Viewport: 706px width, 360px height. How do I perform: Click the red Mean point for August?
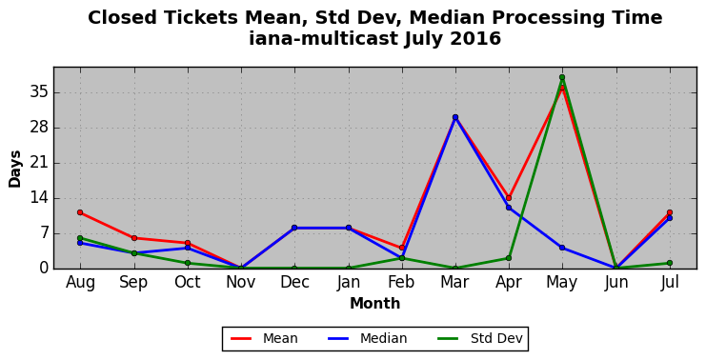tap(80, 212)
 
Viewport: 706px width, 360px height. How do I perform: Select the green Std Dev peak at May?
tap(562, 77)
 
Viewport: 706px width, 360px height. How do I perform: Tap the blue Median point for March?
tap(455, 117)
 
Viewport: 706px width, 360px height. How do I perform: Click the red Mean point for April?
tap(509, 198)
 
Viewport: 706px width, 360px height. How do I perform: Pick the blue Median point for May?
tap(562, 248)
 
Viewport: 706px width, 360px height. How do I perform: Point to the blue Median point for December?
tap(294, 228)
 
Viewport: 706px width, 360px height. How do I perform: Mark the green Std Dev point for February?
tap(402, 258)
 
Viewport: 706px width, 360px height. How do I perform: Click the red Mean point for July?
tap(670, 212)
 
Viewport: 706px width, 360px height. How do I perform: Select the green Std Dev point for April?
tap(509, 258)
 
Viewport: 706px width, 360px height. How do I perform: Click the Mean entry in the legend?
tap(264, 338)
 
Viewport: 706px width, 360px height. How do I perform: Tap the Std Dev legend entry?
tap(480, 338)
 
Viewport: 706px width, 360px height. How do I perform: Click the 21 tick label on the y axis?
tap(38, 163)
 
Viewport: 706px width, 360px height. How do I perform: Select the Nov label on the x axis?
tap(241, 282)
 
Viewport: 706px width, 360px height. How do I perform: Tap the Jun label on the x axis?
tap(615, 282)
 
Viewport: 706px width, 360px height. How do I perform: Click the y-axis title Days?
tap(15, 169)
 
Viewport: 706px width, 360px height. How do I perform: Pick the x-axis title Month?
tap(375, 303)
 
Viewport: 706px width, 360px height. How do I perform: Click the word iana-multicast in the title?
tap(324, 38)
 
